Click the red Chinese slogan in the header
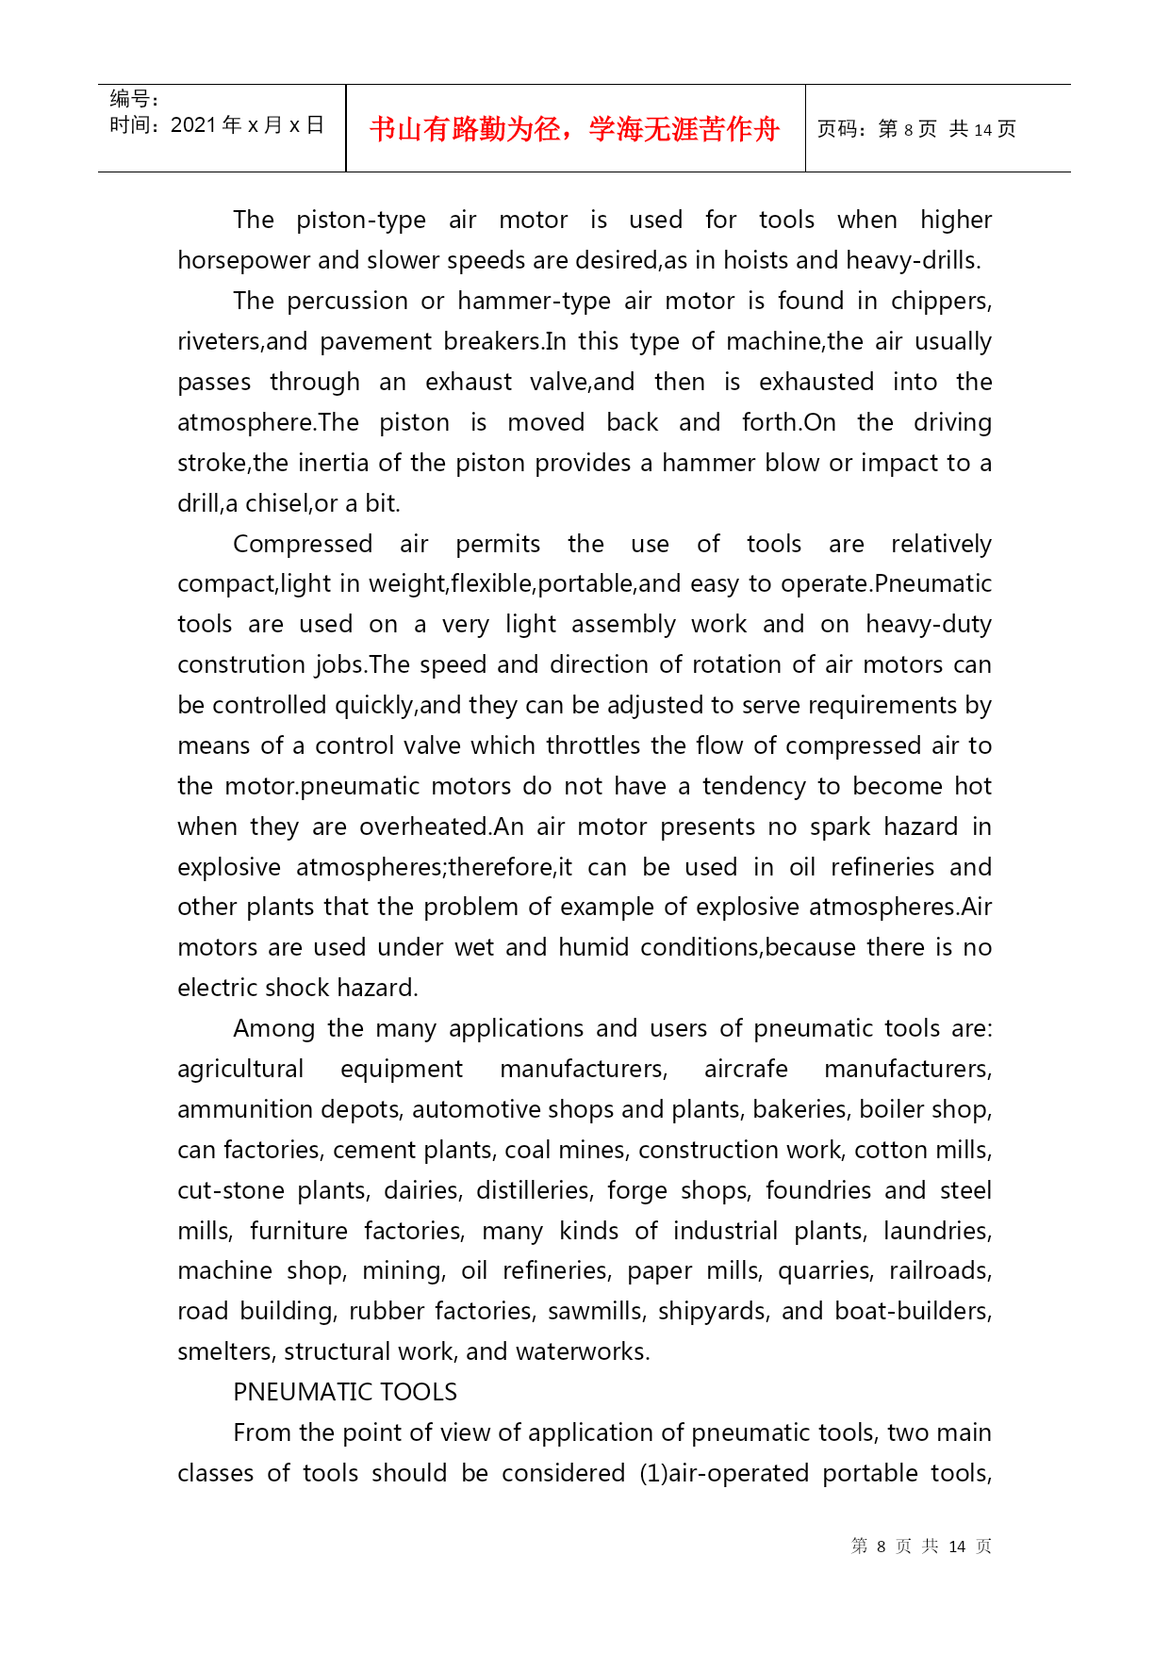pos(574,129)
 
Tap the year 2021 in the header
pos(193,125)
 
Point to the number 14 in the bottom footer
pos(957,1547)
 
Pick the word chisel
pos(276,503)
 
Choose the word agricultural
pos(240,1069)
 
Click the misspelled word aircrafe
pos(746,1069)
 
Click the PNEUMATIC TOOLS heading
pos(345,1392)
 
